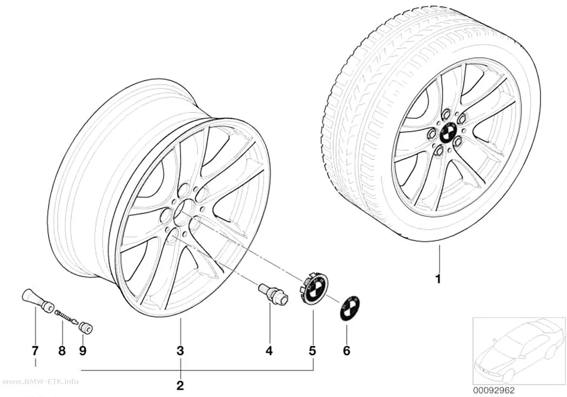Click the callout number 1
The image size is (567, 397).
[438, 279]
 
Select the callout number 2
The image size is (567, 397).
[180, 386]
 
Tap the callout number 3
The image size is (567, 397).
[180, 351]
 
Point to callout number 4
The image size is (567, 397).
[269, 351]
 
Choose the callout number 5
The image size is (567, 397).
[312, 351]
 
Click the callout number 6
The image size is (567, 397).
[347, 351]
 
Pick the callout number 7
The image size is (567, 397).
[35, 351]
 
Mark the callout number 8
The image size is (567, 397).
[62, 351]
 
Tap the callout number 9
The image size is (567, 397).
[83, 351]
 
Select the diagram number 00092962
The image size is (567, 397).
[494, 391]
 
